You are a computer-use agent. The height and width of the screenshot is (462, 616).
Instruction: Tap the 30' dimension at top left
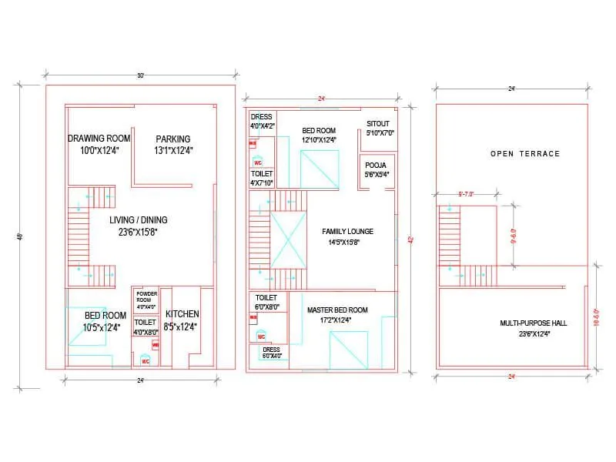click(x=140, y=75)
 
